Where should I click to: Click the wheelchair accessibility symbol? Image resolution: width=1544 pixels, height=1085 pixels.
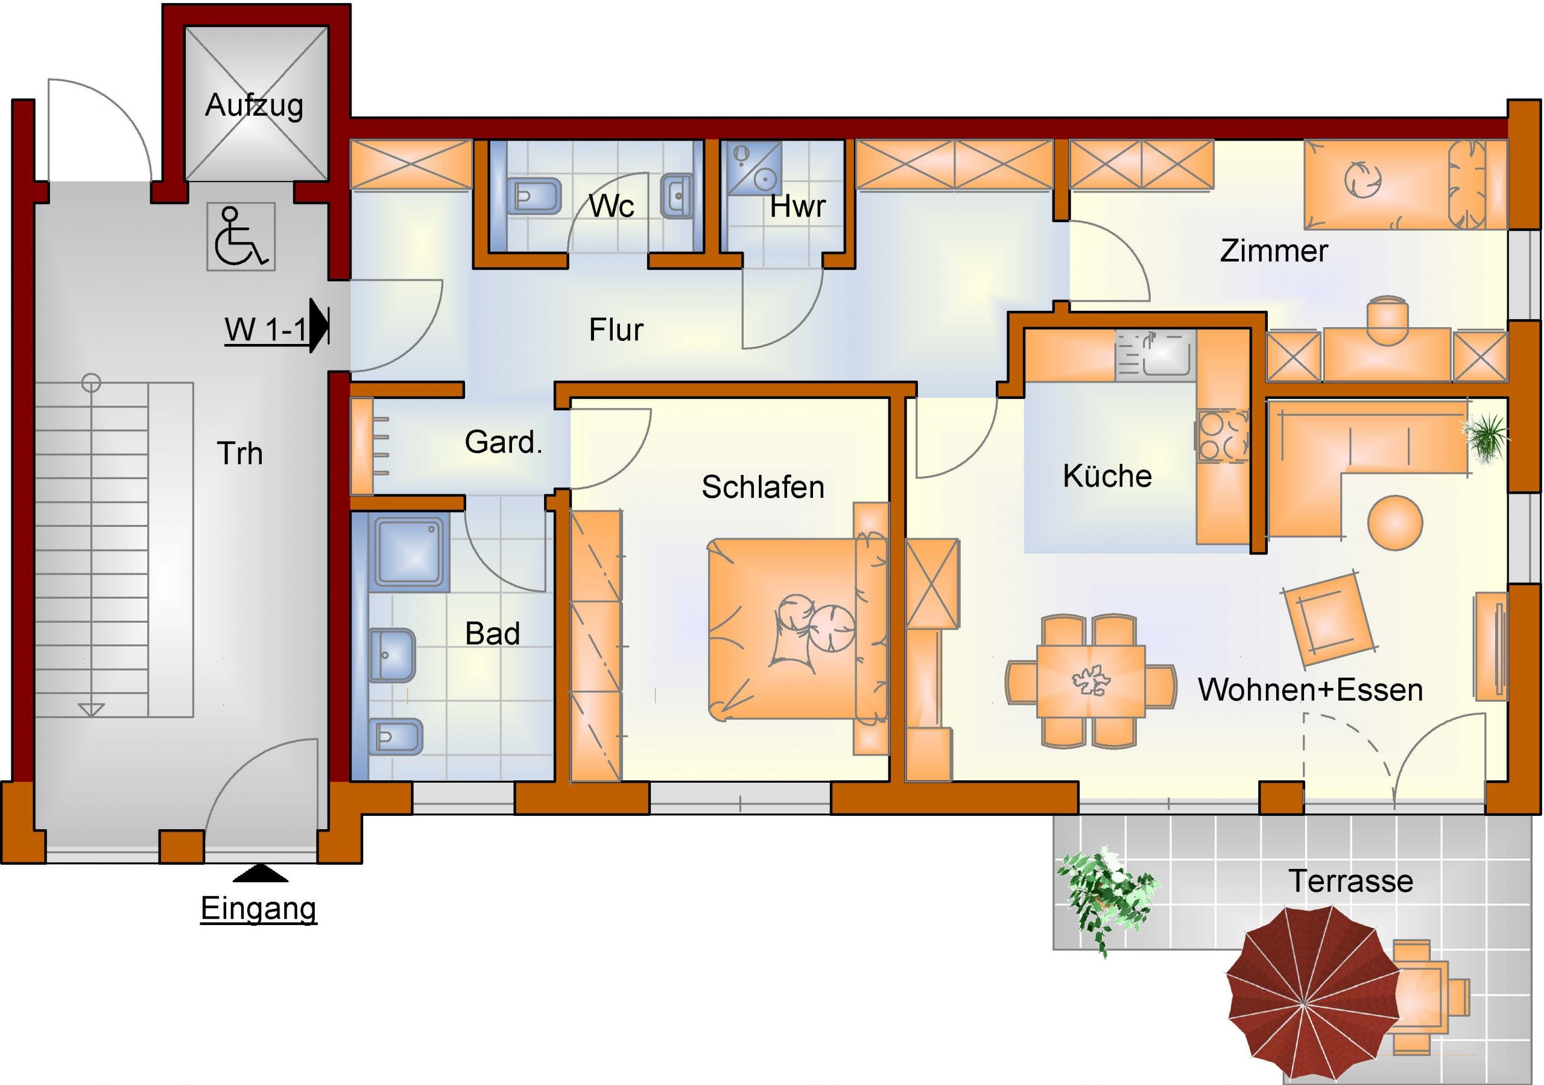[241, 237]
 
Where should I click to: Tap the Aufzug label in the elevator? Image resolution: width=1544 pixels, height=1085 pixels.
[254, 106]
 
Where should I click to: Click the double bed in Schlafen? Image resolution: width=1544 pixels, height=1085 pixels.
[797, 628]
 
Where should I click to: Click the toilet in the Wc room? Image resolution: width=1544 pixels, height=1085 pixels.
[533, 196]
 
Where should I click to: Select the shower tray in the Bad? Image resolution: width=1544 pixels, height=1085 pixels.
[408, 552]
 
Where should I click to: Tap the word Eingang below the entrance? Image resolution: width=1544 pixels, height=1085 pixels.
[259, 909]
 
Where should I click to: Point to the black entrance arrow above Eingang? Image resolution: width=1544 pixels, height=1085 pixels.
[261, 873]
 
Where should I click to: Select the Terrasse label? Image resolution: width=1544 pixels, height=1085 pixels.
[1350, 881]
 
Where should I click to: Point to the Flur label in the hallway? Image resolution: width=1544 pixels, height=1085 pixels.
[616, 330]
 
